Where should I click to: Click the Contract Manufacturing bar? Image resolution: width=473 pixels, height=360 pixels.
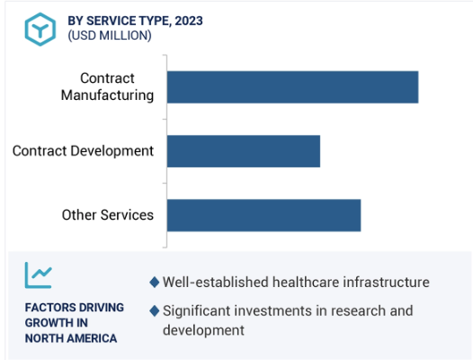(292, 87)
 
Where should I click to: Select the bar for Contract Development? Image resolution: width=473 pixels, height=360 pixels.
(244, 151)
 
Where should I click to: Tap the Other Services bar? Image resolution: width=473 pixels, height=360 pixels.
(264, 215)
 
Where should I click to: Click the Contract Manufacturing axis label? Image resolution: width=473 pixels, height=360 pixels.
(107, 87)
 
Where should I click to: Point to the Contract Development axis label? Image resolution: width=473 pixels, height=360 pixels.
(83, 151)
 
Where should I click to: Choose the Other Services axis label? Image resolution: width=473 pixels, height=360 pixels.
(108, 215)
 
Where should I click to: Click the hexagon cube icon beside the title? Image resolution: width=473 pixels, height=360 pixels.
(40, 30)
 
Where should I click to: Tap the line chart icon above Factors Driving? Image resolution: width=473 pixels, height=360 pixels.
(39, 275)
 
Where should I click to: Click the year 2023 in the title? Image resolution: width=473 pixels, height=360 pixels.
(189, 21)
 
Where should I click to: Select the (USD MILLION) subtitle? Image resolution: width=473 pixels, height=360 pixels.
(110, 36)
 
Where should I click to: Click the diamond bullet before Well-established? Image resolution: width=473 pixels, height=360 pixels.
(155, 282)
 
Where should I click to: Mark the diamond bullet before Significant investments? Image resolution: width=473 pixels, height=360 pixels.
(155, 310)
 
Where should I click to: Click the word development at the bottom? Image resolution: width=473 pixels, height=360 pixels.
(203, 330)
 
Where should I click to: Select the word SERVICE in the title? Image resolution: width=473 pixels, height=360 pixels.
(111, 21)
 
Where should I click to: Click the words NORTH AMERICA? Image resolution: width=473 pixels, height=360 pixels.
(71, 338)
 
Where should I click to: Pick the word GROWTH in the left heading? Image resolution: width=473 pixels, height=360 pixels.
(49, 322)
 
